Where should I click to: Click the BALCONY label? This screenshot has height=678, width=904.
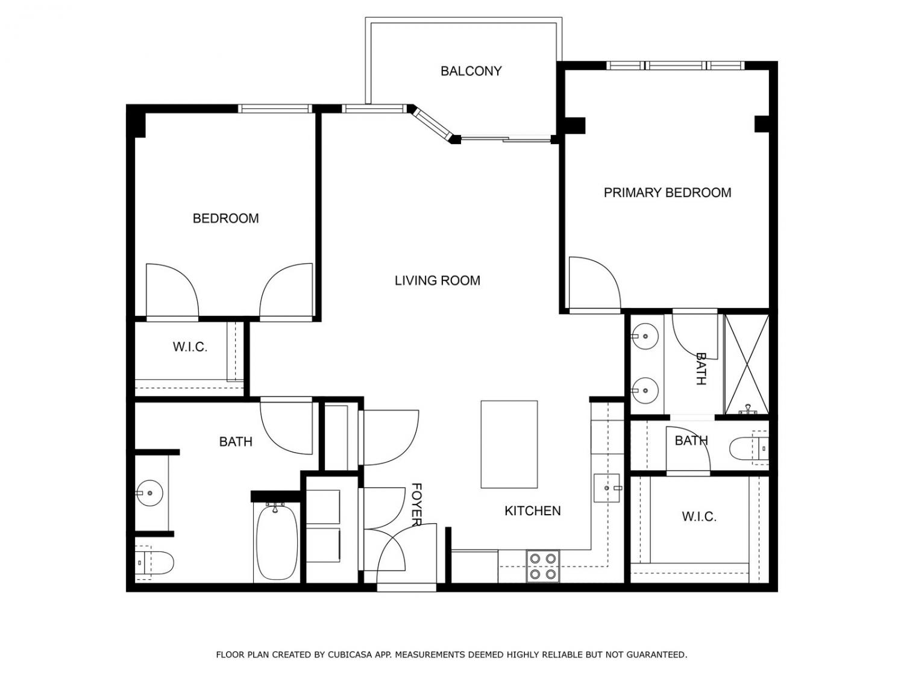click(x=471, y=71)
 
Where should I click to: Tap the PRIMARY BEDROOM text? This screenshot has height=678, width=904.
click(x=667, y=193)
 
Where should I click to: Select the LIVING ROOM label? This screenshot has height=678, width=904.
click(x=438, y=281)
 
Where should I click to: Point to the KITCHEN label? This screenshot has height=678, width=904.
click(x=533, y=511)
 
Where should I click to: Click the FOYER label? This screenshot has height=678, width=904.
click(x=417, y=504)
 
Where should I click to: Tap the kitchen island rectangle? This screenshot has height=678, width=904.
click(x=509, y=445)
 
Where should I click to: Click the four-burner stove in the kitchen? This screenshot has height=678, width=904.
click(x=543, y=567)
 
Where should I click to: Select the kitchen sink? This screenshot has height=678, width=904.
click(x=607, y=488)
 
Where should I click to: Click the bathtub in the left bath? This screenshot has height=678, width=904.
click(x=277, y=542)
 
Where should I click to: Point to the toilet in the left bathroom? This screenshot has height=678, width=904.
click(x=154, y=563)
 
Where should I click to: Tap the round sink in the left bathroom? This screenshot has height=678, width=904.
click(x=149, y=493)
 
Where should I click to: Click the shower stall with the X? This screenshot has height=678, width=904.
click(x=746, y=364)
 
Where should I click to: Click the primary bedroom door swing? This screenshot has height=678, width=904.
click(x=595, y=283)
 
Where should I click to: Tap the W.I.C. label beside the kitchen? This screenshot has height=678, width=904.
click(x=699, y=516)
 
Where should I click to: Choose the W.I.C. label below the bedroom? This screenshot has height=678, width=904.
click(x=190, y=347)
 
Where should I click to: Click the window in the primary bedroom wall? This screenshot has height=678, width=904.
click(x=676, y=65)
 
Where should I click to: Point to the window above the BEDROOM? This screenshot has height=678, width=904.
click(x=275, y=108)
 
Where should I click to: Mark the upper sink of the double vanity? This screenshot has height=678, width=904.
click(x=645, y=336)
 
